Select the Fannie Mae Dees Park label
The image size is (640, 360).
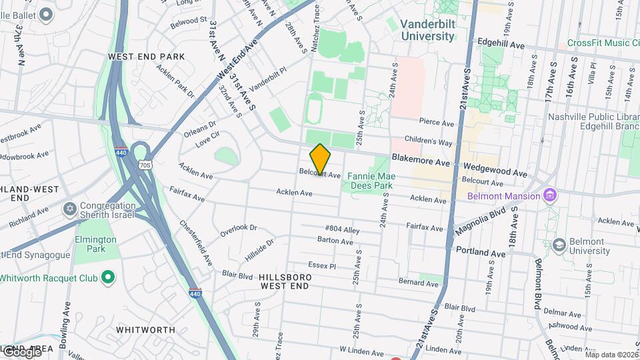[x=372, y=181]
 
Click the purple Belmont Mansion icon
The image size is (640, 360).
[x=549, y=196]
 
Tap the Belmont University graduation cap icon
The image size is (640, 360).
[x=559, y=245]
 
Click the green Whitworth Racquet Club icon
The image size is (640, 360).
[x=108, y=277]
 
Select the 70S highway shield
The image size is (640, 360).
[x=145, y=164]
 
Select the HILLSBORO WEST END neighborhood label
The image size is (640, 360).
[x=284, y=281]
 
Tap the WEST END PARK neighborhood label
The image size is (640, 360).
[x=146, y=57]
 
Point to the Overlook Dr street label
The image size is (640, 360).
[x=238, y=231]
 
